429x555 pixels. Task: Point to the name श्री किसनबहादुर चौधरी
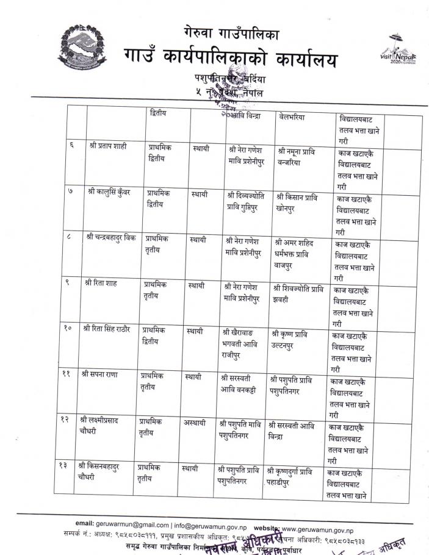[x=98, y=473]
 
